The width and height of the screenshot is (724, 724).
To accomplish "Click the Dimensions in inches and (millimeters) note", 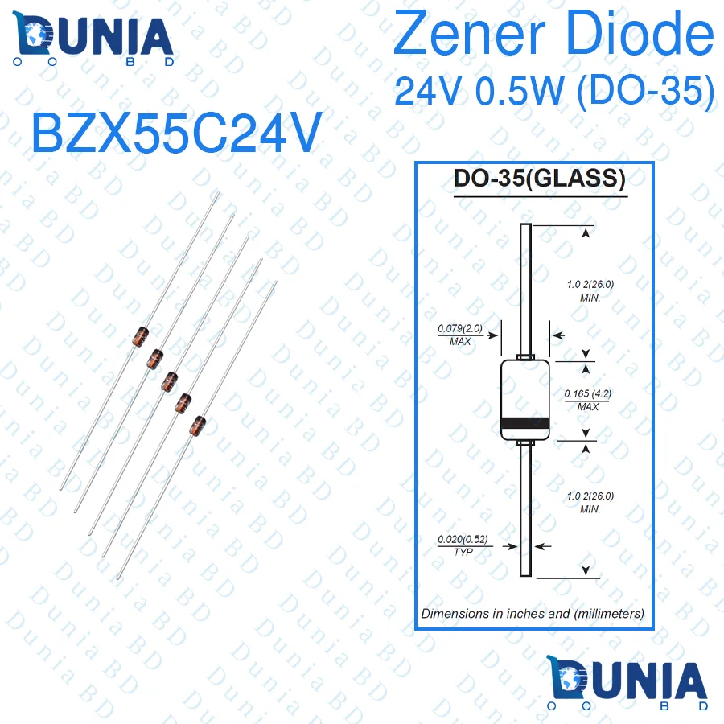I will tap(533, 613).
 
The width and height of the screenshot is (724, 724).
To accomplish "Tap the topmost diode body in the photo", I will tap(142, 334).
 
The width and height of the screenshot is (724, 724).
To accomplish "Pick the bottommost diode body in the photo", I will tap(197, 424).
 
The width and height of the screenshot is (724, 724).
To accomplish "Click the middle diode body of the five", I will tap(169, 379).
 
